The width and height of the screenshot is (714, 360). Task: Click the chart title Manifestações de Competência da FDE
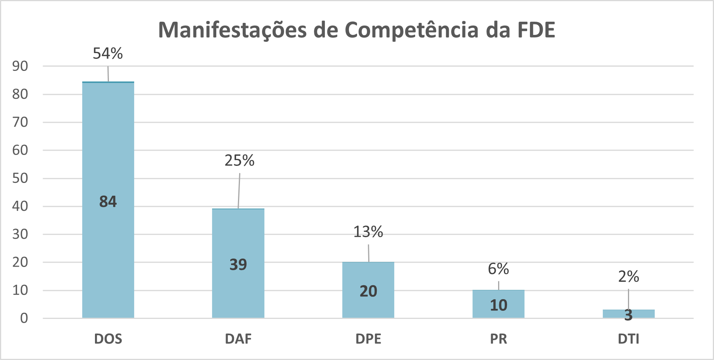(x=357, y=30)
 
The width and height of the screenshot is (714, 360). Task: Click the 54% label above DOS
(x=108, y=53)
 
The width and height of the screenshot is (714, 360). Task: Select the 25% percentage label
(x=240, y=160)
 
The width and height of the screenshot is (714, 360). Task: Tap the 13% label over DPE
(x=368, y=232)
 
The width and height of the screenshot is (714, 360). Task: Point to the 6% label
(x=498, y=269)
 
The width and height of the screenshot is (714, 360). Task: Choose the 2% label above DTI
(x=629, y=277)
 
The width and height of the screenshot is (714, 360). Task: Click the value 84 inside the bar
(x=108, y=202)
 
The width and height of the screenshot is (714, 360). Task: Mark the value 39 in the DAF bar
(x=238, y=265)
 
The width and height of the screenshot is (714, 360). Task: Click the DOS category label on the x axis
(x=108, y=339)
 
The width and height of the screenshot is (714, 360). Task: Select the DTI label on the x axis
(x=628, y=339)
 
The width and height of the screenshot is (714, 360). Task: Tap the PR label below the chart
(x=498, y=339)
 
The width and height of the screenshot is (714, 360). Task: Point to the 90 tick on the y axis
(x=20, y=66)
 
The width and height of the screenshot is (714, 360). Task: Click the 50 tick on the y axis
(x=20, y=178)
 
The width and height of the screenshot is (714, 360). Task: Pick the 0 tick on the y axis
(x=24, y=318)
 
